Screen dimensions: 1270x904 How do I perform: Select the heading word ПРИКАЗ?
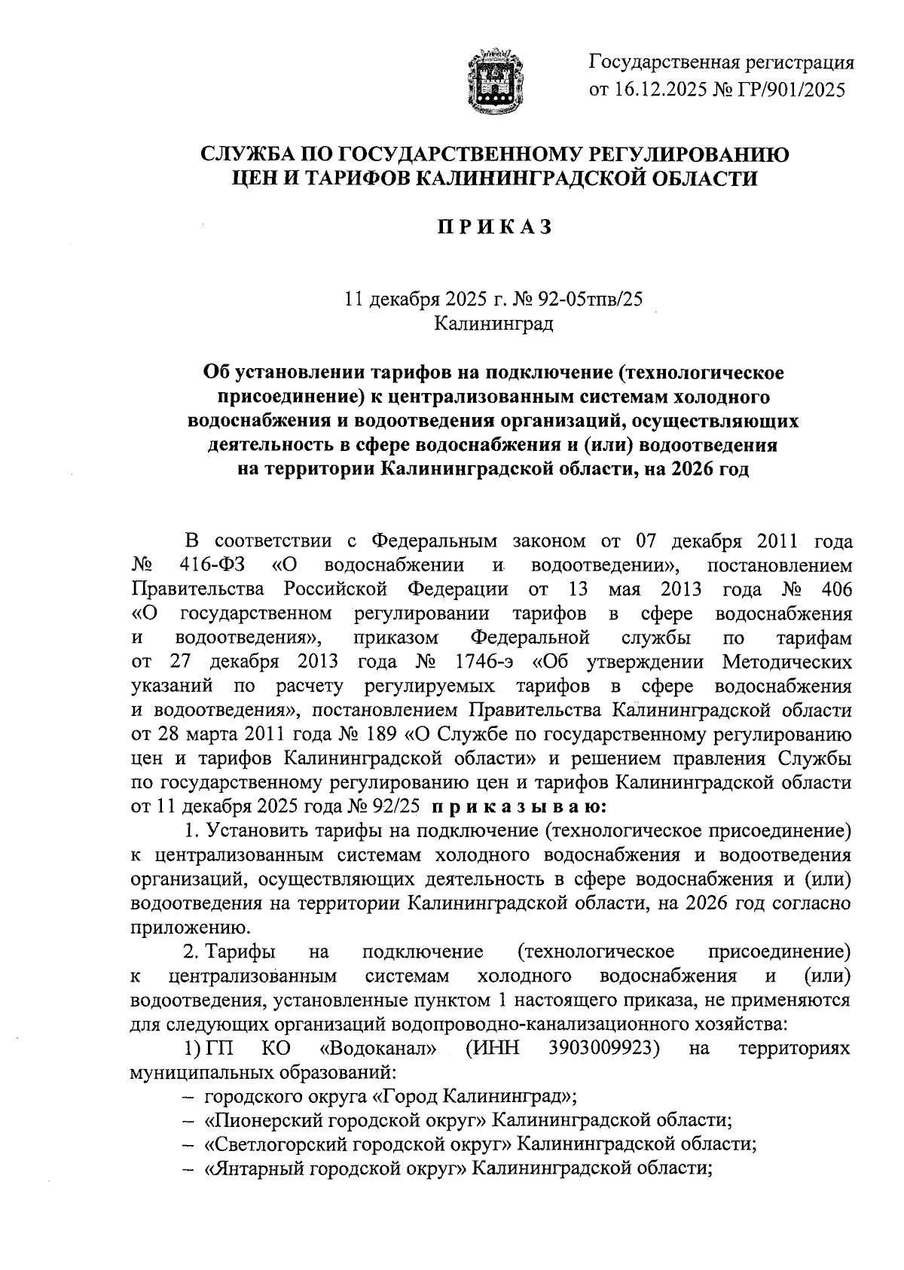pos(496,227)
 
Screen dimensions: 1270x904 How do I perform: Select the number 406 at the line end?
pos(835,589)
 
